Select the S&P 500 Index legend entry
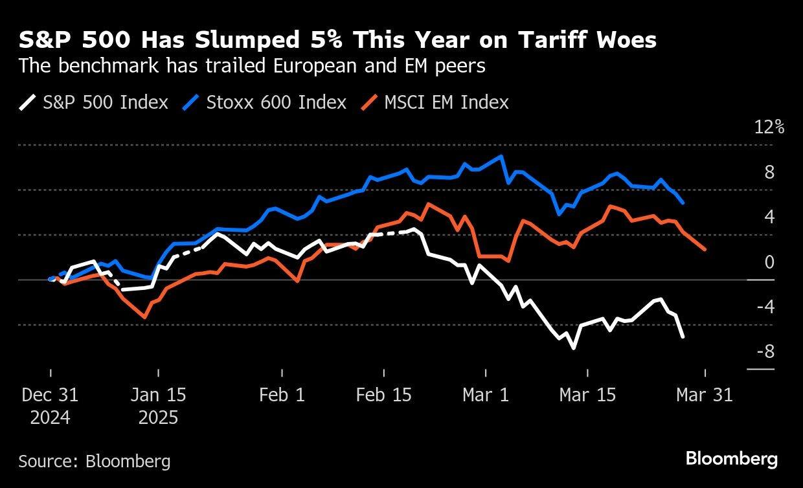point(93,102)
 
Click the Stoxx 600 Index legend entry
point(264,102)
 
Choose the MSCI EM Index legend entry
point(435,102)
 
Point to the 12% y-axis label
point(769,128)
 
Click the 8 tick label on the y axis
point(769,172)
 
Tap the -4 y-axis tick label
point(765,307)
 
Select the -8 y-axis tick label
point(765,352)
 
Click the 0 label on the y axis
point(769,262)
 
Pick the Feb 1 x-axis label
point(282,395)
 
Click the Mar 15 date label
point(587,395)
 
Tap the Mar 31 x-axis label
point(705,395)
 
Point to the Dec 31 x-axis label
point(50,395)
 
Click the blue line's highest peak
point(501,156)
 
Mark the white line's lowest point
point(574,348)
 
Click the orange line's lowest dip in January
point(144,317)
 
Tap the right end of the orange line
point(705,249)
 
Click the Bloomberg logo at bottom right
point(732,460)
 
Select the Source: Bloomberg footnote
point(95,461)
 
